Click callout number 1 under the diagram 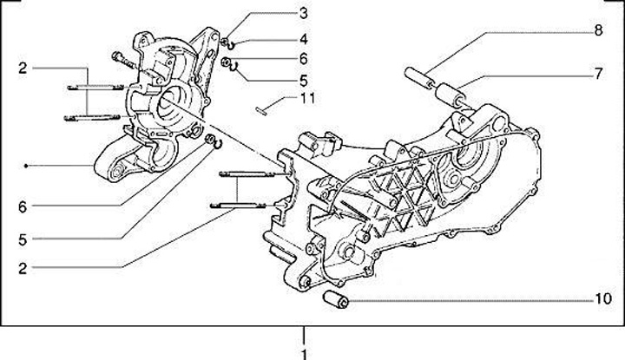point(304,353)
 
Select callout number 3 point(303,13)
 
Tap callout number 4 point(303,38)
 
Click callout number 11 point(306,98)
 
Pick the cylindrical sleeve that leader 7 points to point(451,91)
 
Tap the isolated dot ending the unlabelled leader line point(29,165)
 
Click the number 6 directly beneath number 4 point(303,58)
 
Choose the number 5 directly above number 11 point(303,78)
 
